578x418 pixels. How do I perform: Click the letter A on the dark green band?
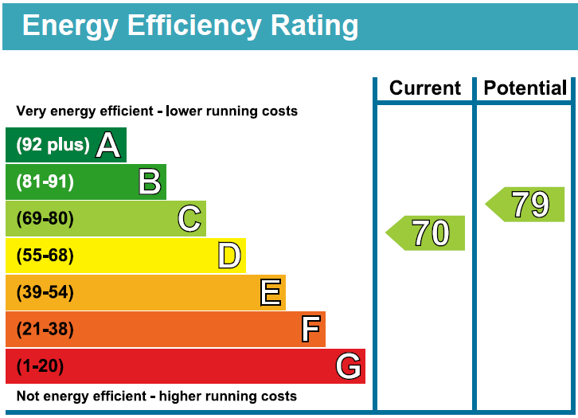pos(108,145)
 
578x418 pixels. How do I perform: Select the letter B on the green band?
pos(149,182)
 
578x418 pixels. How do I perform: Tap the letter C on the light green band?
pos(189,218)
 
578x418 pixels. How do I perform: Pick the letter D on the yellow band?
pos(229,256)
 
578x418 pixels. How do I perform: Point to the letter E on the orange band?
pos(271,292)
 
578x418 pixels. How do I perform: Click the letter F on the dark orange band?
pos(310,329)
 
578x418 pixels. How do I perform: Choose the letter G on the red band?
pos(349,366)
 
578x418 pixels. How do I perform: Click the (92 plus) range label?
pos(53,145)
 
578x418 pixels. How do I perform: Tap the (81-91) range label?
pos(45,182)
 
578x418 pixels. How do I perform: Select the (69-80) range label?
pos(45,218)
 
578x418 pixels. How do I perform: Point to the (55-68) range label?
pos(45,256)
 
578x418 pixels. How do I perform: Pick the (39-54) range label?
pos(45,292)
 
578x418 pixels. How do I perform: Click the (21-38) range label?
pos(45,329)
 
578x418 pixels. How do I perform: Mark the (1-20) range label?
pos(40,366)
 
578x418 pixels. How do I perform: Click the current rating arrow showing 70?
pos(427,233)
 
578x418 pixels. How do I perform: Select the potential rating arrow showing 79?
pos(526,205)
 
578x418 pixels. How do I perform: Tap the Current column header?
pos(425,88)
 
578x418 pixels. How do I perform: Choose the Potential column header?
pos(525,88)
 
